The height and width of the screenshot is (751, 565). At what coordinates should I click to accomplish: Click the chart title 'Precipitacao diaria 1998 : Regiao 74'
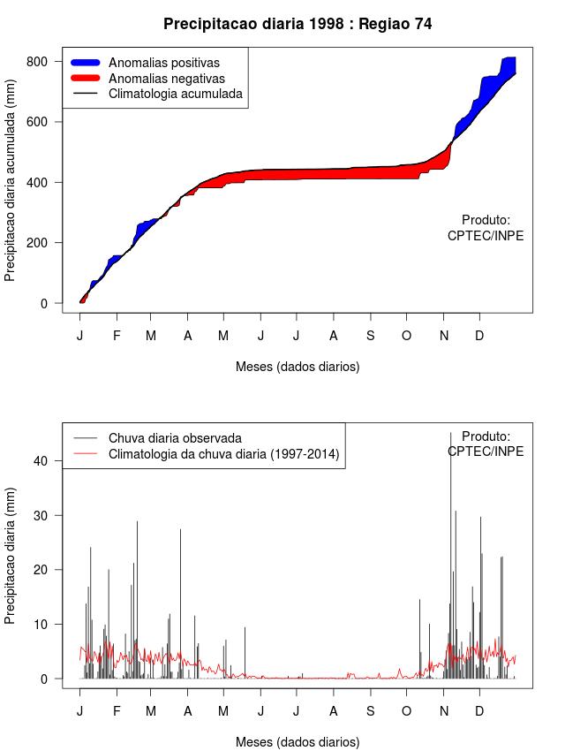click(x=298, y=24)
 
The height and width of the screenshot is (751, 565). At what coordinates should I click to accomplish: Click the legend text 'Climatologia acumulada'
click(x=175, y=94)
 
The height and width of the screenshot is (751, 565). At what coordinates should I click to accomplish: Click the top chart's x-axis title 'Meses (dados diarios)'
click(x=298, y=367)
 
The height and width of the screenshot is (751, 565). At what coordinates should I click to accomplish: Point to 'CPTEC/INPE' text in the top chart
click(x=486, y=236)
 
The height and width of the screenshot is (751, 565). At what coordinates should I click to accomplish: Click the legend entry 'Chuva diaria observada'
click(x=175, y=438)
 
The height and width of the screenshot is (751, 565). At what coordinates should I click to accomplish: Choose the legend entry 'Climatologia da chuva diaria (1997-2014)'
click(x=223, y=454)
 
